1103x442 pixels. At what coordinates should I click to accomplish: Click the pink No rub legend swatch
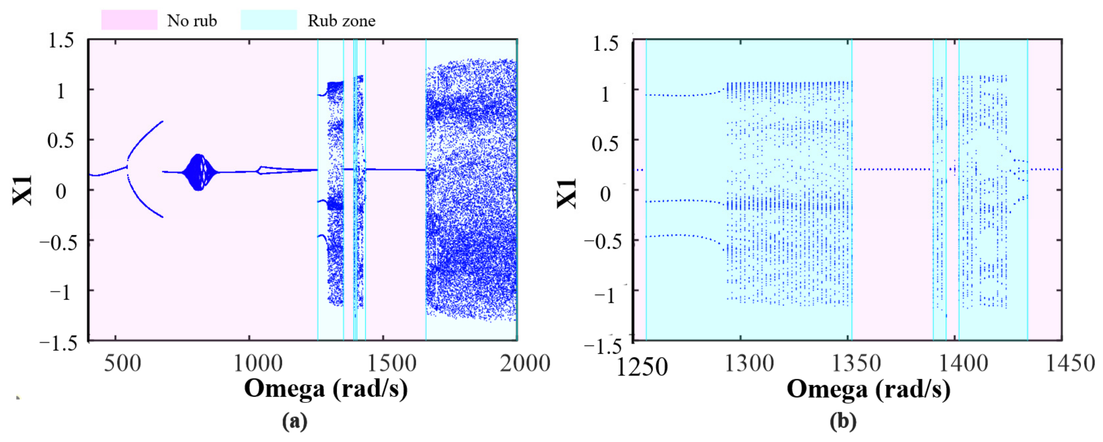coord(129,20)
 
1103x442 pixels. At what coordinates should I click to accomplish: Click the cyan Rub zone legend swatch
coord(268,20)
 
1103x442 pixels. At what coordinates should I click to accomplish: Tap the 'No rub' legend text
coord(192,21)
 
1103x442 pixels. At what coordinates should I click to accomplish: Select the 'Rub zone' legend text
coord(341,21)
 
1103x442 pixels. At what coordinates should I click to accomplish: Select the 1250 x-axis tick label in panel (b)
coord(641,367)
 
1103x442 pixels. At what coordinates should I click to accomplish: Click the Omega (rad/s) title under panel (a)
coord(326,389)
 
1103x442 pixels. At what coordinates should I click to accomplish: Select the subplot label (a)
coord(295,421)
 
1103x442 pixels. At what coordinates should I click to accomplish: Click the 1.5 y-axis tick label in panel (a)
coord(61,41)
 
